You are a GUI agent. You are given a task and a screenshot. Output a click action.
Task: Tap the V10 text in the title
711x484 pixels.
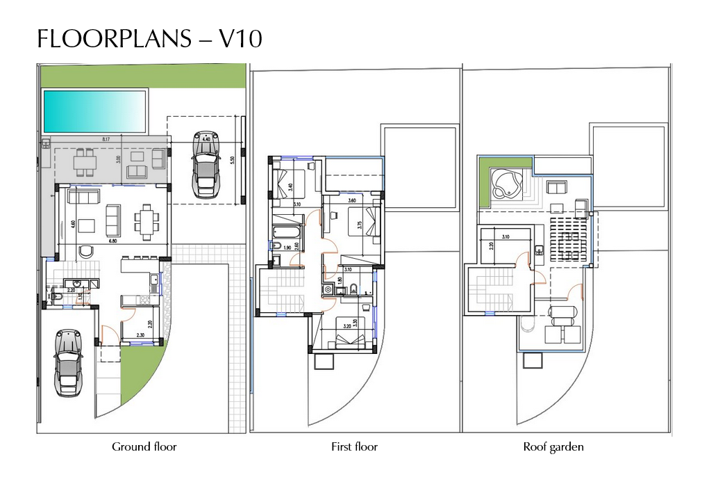pyautogui.click(x=241, y=40)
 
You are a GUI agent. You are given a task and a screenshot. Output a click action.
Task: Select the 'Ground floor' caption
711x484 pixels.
pyautogui.click(x=144, y=446)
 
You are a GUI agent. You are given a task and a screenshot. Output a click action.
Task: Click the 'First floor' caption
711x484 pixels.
pyautogui.click(x=354, y=446)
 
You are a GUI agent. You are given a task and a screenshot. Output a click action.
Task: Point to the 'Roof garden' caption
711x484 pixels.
pyautogui.click(x=553, y=446)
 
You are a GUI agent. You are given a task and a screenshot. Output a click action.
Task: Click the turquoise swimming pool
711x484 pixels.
pyautogui.click(x=95, y=111)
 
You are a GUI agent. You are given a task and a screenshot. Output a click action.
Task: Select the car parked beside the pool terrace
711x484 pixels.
pyautogui.click(x=205, y=165)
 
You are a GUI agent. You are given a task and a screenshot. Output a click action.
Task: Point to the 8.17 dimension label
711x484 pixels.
pyautogui.click(x=106, y=140)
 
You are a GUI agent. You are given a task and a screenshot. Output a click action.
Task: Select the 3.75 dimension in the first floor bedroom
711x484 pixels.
pyautogui.click(x=359, y=225)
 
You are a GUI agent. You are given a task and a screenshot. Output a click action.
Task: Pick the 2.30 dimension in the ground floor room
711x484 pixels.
pyautogui.click(x=141, y=336)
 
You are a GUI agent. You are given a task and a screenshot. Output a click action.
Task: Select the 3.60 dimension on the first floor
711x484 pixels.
pyautogui.click(x=352, y=201)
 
